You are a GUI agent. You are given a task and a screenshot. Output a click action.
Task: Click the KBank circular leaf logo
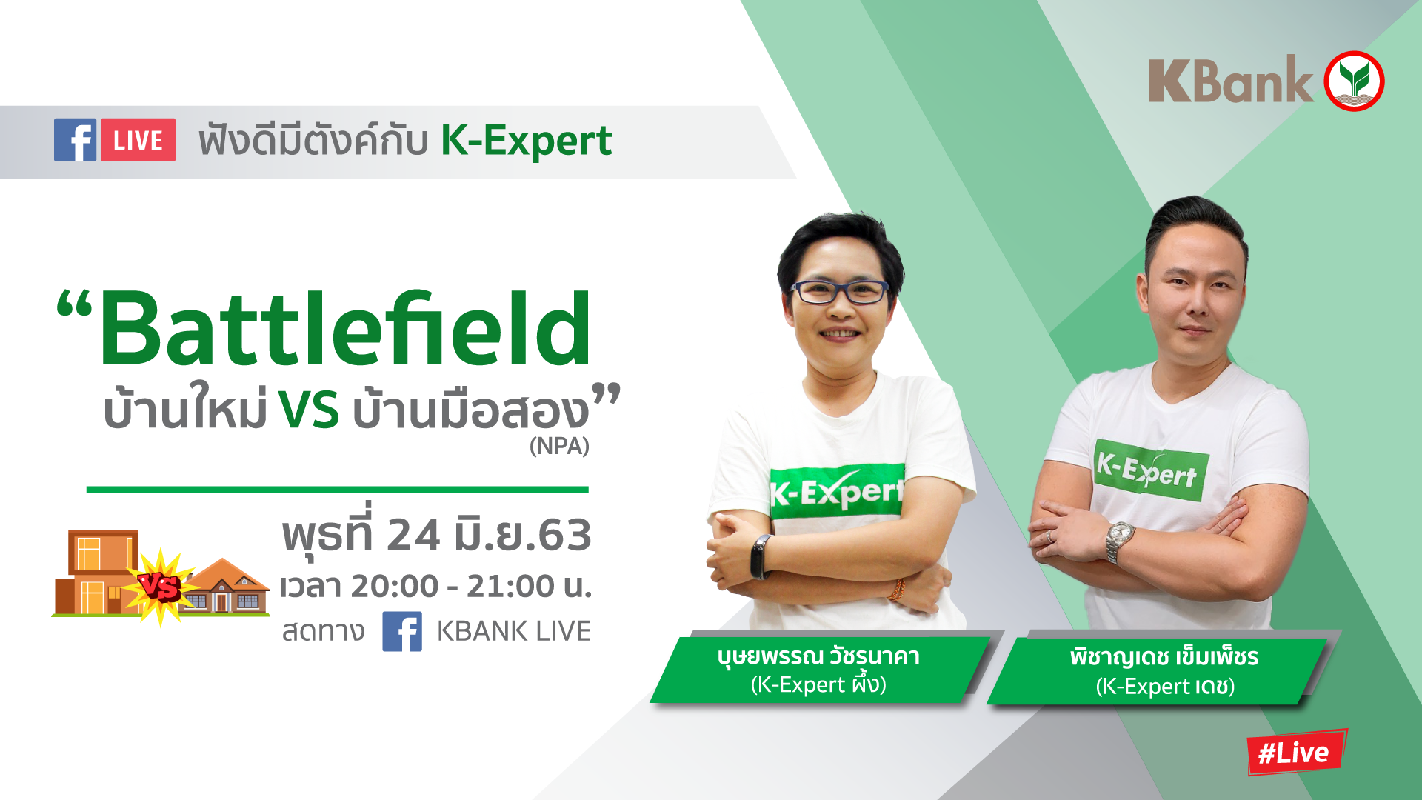(x=1354, y=81)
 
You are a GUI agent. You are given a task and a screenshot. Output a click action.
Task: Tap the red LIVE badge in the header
(x=138, y=140)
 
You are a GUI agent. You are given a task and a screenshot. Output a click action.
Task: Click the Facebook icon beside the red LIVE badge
(x=75, y=140)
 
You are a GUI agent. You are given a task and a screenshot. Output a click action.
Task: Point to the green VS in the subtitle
(x=309, y=410)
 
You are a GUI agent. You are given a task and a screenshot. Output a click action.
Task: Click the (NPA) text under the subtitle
(x=559, y=446)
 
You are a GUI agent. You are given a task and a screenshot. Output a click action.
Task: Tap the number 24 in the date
(x=413, y=535)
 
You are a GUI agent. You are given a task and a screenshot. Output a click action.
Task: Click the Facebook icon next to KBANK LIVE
(x=402, y=631)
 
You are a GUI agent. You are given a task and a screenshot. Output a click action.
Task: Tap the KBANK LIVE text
(x=513, y=631)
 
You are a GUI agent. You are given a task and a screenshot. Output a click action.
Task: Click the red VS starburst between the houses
(x=160, y=587)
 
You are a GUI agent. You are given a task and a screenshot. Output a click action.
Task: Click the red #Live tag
(x=1296, y=752)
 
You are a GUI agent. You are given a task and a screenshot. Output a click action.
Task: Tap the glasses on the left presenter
(x=840, y=292)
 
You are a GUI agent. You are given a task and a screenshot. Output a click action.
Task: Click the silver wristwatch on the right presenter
(x=1119, y=541)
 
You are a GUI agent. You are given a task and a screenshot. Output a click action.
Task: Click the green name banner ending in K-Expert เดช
(x=1158, y=670)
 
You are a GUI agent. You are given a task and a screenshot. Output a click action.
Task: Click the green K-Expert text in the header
(x=527, y=141)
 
